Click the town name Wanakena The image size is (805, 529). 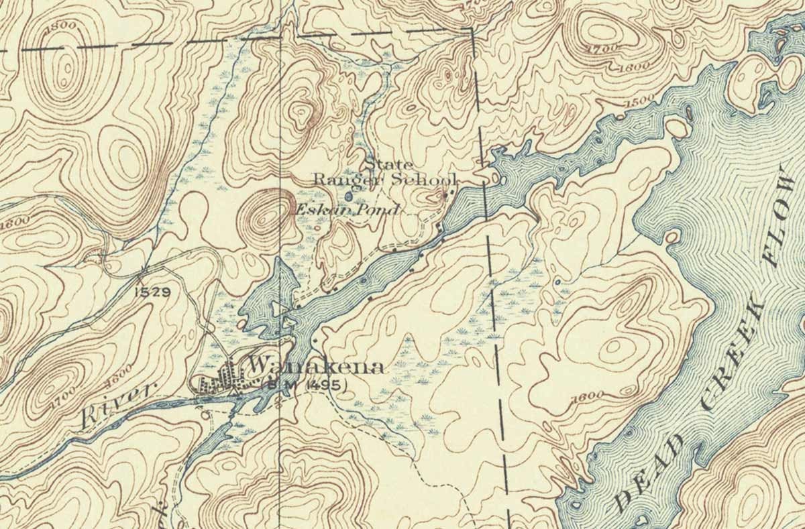coord(316,367)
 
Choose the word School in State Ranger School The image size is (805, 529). coord(425,180)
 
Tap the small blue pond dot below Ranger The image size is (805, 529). coord(347,196)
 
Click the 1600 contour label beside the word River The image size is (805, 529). coord(119,372)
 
